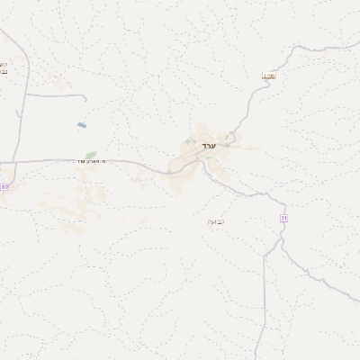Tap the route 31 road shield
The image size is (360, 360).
click(x=284, y=218)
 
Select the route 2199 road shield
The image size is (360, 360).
click(x=267, y=76)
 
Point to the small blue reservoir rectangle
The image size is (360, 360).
click(x=83, y=125)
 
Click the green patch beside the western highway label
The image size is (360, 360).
click(x=91, y=155)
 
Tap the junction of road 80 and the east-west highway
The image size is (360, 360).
click(x=17, y=162)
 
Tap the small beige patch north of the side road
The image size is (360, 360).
click(x=63, y=83)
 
